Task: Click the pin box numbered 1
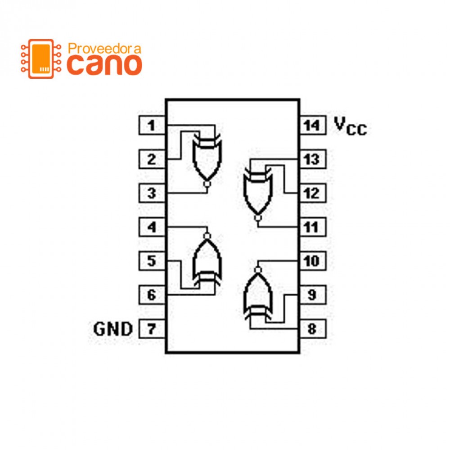pos(152,126)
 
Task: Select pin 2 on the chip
pos(152,159)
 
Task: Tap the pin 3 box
pos(152,193)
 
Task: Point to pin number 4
pos(152,227)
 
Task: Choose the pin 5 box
pos(152,261)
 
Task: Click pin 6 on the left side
pos(152,295)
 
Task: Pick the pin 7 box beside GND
pos(152,329)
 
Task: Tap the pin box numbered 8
pos(312,329)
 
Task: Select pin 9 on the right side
pos(312,295)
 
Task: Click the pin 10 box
pos(312,261)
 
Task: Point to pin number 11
pos(312,227)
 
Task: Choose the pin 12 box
pos(312,193)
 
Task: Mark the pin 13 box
pos(312,159)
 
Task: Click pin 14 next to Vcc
pos(312,126)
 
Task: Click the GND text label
pos(113,329)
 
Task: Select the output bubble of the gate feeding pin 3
pos(207,184)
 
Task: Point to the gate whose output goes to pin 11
pos(258,191)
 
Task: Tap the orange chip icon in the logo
pos(41,58)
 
